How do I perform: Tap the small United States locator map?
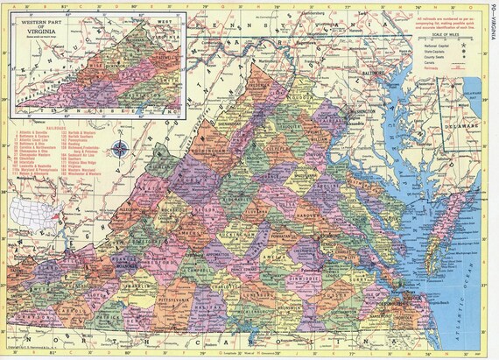34,209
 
